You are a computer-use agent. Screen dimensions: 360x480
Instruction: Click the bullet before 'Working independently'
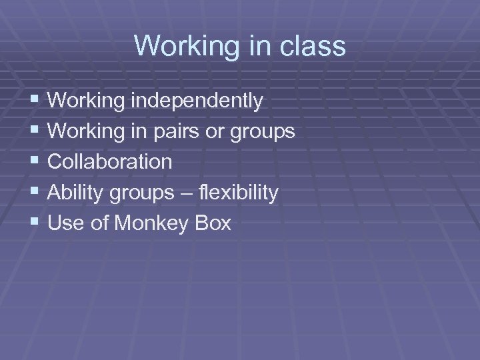[x=35, y=101]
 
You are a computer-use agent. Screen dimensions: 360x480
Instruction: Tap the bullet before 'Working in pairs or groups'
[x=35, y=131]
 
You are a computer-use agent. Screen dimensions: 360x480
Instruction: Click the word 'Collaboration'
[x=110, y=162]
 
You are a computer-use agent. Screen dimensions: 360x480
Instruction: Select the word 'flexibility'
[x=239, y=193]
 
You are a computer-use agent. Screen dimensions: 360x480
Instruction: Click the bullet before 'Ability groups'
[x=35, y=193]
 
